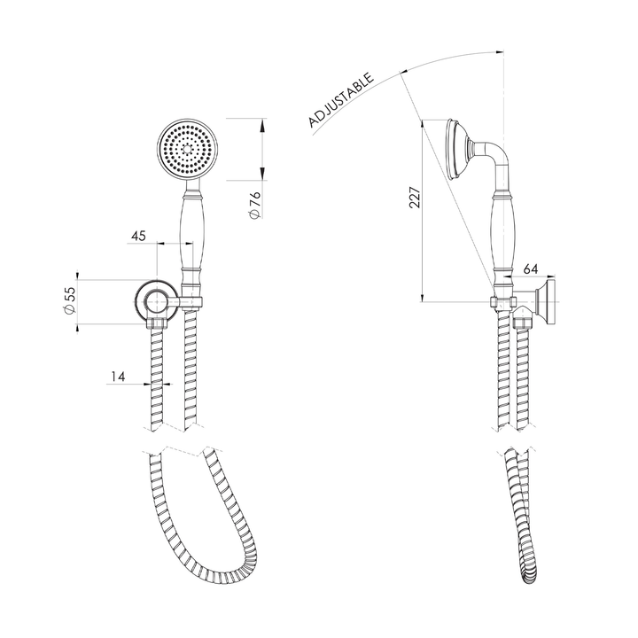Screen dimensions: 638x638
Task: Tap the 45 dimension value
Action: click(x=138, y=236)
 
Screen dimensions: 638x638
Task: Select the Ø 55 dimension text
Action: click(x=69, y=301)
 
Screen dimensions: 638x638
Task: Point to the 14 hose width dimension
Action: click(x=117, y=377)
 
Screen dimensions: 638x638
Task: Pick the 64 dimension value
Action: click(x=531, y=268)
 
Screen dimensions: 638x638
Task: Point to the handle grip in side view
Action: click(x=502, y=236)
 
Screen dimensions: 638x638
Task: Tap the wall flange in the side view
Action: click(x=550, y=302)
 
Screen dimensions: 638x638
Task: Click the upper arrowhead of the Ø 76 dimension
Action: click(x=263, y=124)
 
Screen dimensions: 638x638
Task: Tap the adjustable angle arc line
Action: click(x=443, y=61)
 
